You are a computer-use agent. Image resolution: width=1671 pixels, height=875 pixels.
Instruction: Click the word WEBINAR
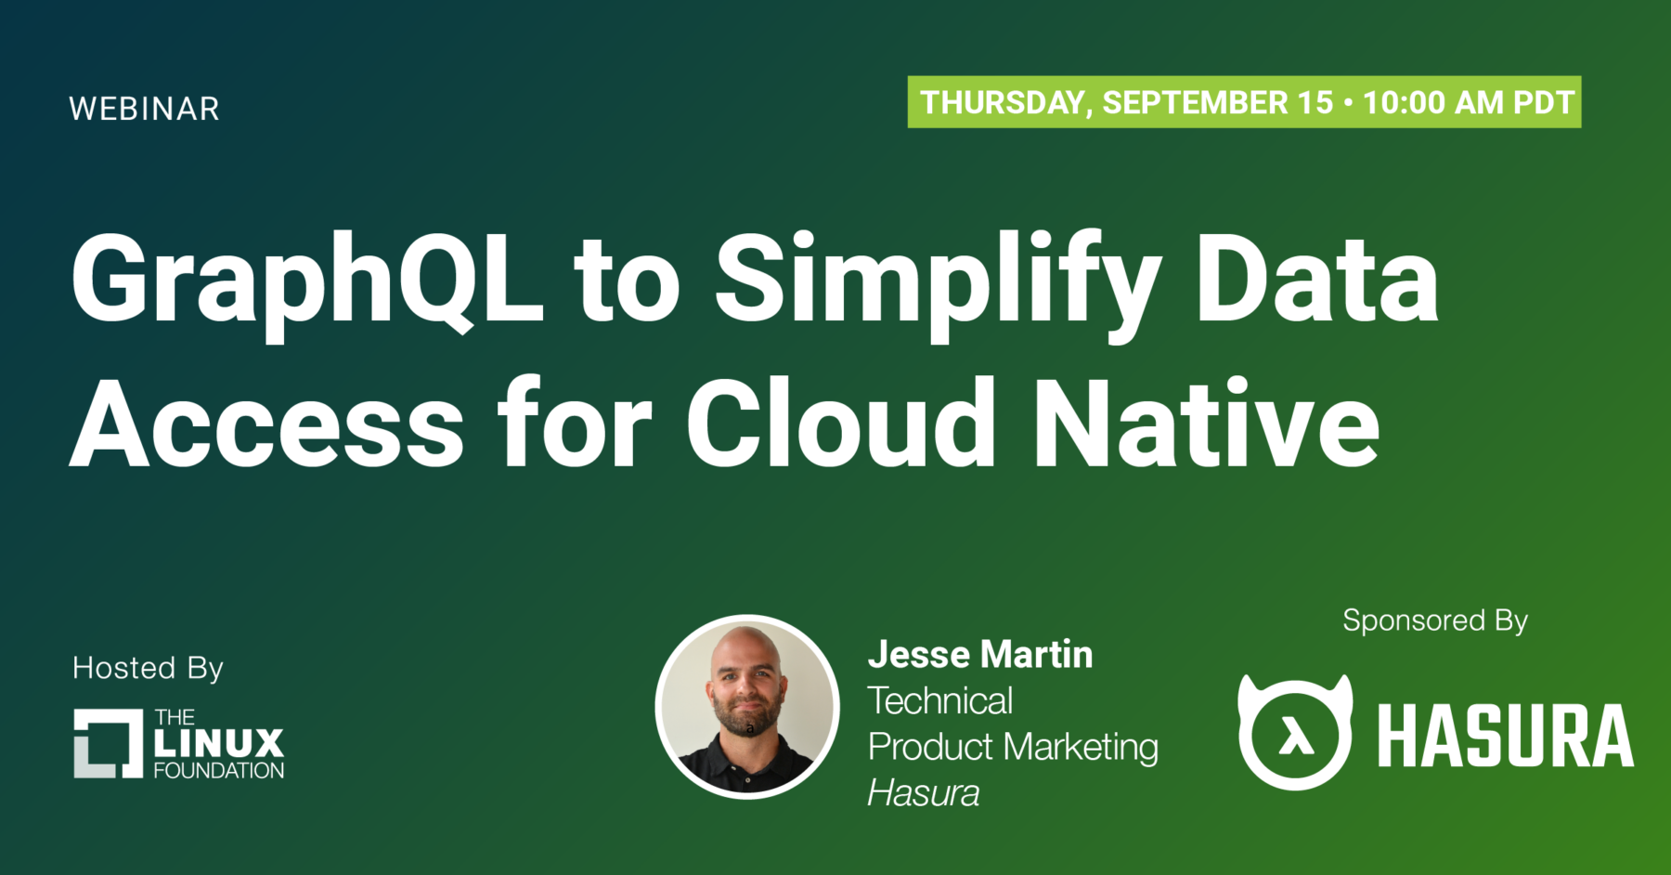coord(144,109)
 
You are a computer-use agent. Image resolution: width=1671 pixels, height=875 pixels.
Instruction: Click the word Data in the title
coord(1317,279)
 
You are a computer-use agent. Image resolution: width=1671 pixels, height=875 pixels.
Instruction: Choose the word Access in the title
coord(267,424)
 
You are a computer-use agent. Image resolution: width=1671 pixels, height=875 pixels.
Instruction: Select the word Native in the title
coord(1207,423)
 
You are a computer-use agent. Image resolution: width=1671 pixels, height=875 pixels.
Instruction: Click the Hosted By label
coord(149,669)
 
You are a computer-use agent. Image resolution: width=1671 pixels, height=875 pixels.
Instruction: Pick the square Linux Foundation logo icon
coord(109,743)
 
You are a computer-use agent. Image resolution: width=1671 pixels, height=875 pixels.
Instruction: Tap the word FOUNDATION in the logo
coord(219,771)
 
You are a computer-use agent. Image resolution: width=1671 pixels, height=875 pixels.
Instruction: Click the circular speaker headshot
coord(747,707)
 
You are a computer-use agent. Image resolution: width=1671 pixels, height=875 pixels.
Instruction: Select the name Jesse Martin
coord(980,655)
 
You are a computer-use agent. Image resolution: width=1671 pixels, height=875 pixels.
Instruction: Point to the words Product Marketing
coord(1013,748)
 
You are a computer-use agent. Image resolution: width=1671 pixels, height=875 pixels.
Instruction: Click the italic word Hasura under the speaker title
coord(924,794)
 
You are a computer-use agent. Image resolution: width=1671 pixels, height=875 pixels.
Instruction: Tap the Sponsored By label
coord(1435,620)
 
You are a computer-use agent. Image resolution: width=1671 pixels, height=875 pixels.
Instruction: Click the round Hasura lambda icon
coord(1295,732)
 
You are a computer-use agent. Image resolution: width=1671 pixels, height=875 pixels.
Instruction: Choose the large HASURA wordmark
coord(1506,736)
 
